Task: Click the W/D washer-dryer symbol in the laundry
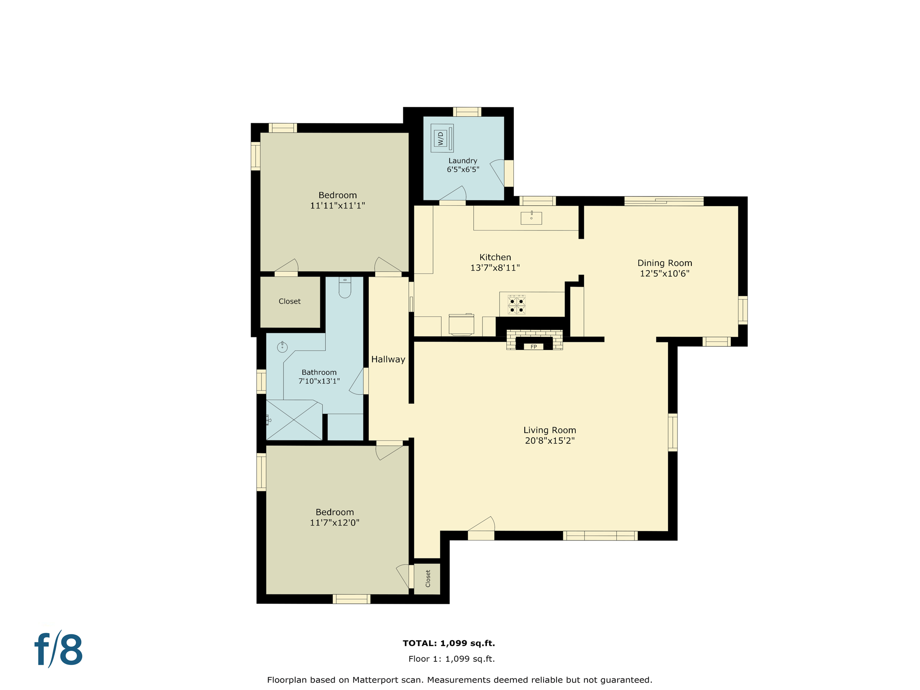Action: [442, 138]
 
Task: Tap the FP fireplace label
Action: [534, 347]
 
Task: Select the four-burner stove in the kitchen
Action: [516, 305]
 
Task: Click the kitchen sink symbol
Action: [531, 218]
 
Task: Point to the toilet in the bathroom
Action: [345, 288]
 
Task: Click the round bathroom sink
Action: [282, 347]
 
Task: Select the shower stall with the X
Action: [294, 420]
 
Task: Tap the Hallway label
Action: [388, 359]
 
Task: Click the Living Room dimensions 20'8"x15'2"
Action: [550, 441]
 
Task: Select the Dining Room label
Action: [664, 263]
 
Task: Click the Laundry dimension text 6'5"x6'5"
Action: [463, 169]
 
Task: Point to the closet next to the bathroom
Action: [290, 301]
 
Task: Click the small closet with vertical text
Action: [427, 579]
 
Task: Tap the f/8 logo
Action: [59, 650]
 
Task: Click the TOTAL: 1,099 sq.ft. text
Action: [449, 643]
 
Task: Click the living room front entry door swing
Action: [482, 526]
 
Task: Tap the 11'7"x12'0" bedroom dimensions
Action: [335, 522]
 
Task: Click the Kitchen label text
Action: [495, 257]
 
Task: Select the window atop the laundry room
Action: [467, 111]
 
